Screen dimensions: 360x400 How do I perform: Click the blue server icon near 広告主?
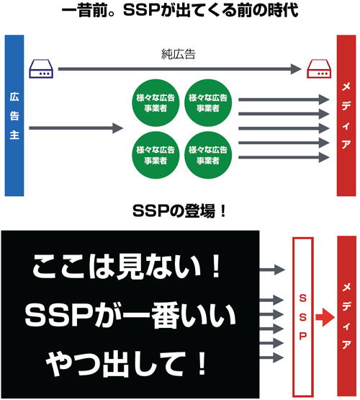pyautogui.click(x=41, y=68)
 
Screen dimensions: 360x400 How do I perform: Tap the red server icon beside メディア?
pyautogui.click(x=319, y=68)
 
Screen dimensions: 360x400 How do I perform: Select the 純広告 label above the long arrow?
pyautogui.click(x=179, y=54)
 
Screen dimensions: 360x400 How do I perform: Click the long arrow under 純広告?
pyautogui.click(x=180, y=69)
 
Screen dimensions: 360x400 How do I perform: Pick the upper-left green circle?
pyautogui.click(x=156, y=103)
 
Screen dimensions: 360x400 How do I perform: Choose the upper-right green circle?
pyautogui.click(x=208, y=103)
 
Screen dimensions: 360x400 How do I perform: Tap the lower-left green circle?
pyautogui.click(x=156, y=155)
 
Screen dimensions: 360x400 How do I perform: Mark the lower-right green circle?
pyautogui.click(x=208, y=155)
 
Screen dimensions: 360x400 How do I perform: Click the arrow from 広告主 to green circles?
pyautogui.click(x=76, y=128)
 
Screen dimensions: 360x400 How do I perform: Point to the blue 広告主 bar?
pyautogui.click(x=14, y=115)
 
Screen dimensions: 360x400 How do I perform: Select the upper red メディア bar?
pyautogui.click(x=346, y=115)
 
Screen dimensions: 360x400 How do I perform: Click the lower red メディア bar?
pyautogui.click(x=347, y=316)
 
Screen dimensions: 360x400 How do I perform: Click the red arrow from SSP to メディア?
pyautogui.click(x=325, y=317)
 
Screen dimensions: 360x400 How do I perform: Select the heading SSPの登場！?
pyautogui.click(x=179, y=211)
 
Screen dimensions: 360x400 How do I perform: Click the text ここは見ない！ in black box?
pyautogui.click(x=127, y=267)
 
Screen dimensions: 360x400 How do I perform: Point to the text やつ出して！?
pyautogui.click(x=126, y=363)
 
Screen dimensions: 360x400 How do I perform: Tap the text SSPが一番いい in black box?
pyautogui.click(x=130, y=316)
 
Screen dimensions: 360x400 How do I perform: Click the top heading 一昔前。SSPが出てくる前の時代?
pyautogui.click(x=180, y=11)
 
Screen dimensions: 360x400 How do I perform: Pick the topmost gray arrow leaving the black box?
pyautogui.click(x=272, y=270)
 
